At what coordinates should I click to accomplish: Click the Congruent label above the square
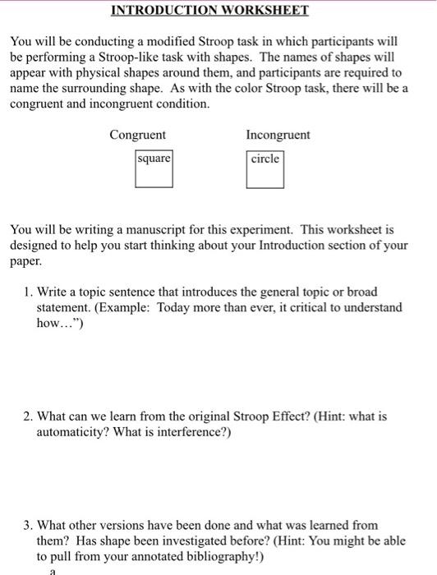point(137,135)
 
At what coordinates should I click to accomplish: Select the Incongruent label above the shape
point(278,135)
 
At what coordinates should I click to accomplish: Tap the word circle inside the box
point(265,159)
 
